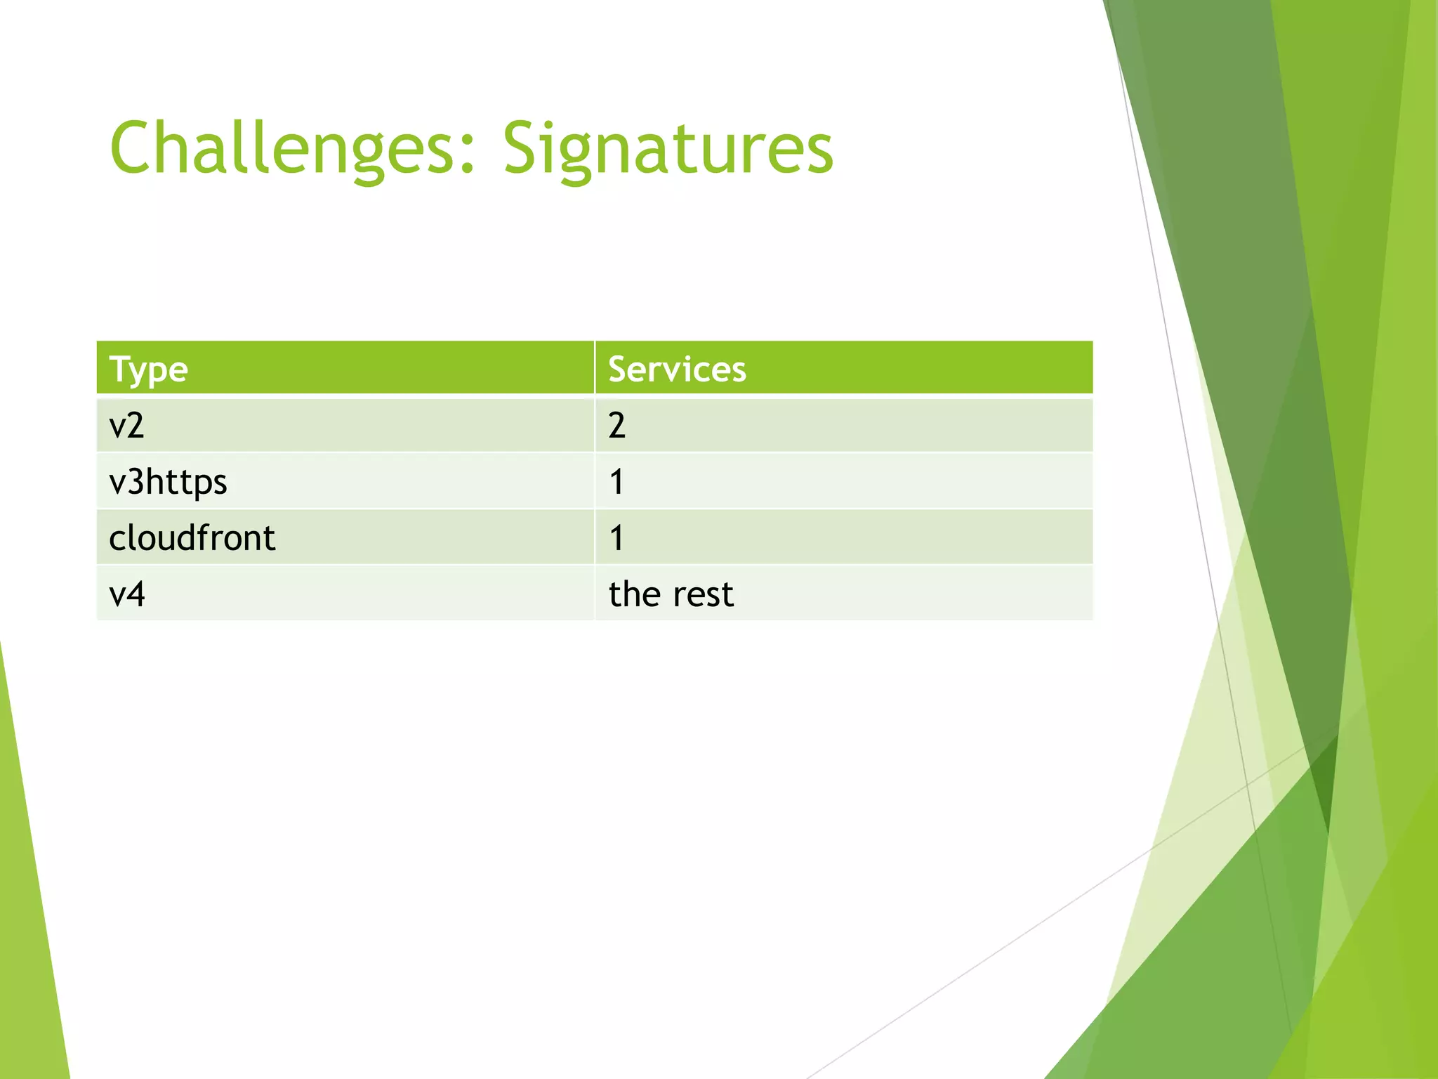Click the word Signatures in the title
point(668,149)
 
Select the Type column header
point(149,370)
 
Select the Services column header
point(677,370)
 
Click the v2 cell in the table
point(127,426)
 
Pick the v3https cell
point(169,483)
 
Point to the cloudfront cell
point(192,538)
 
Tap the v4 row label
point(127,594)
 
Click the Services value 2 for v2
point(616,426)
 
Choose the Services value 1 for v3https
point(616,483)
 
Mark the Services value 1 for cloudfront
point(616,538)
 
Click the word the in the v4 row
point(635,594)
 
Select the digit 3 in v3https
point(136,483)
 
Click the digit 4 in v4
point(136,594)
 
